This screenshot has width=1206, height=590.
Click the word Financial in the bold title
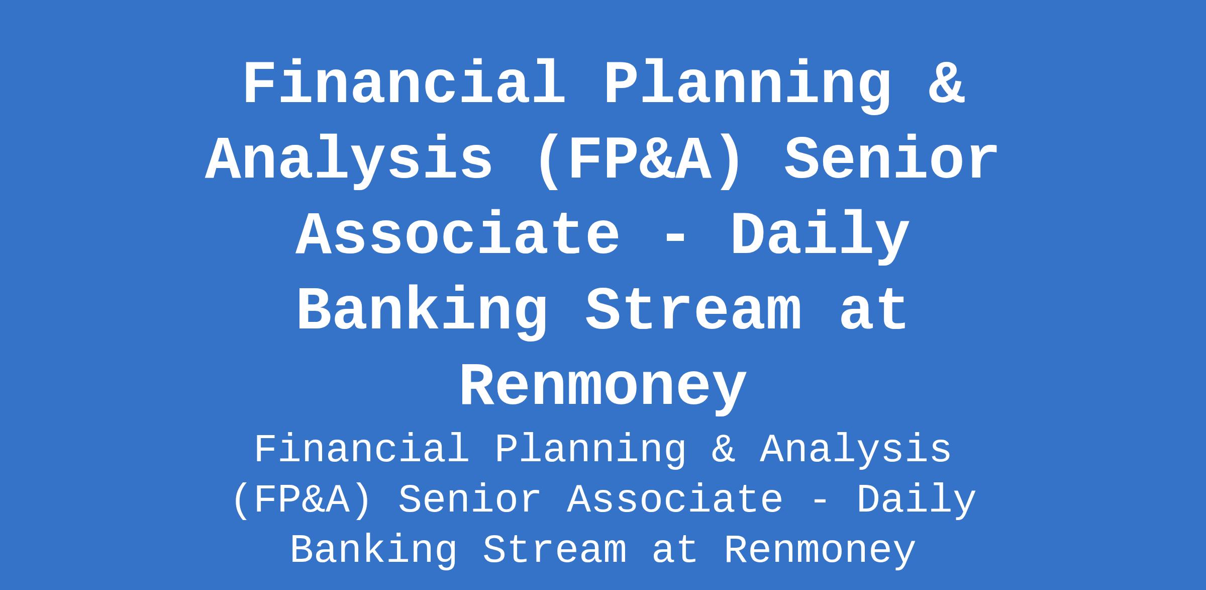click(x=404, y=82)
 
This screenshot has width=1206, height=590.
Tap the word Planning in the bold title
click(x=748, y=86)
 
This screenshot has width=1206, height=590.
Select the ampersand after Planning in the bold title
click(x=946, y=82)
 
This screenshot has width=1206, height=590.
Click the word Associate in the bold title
click(x=458, y=234)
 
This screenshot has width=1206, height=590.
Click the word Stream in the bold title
click(x=693, y=309)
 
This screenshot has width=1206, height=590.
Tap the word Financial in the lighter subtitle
click(x=362, y=449)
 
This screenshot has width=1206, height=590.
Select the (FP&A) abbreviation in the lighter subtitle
click(x=303, y=500)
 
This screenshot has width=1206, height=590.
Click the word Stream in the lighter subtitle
click(x=555, y=550)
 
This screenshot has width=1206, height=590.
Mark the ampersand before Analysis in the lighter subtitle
click(x=723, y=449)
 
